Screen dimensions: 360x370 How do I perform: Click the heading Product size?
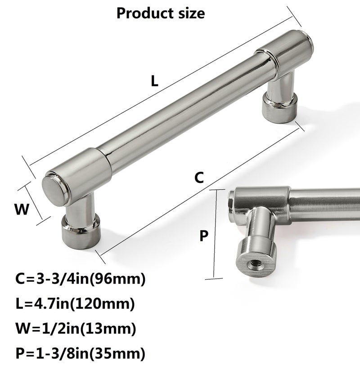click(161, 13)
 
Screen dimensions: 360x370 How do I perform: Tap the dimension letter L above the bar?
click(154, 81)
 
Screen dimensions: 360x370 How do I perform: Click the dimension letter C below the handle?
click(199, 178)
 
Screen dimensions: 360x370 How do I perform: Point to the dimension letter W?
click(22, 209)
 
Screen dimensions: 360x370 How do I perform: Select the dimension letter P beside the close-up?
click(204, 236)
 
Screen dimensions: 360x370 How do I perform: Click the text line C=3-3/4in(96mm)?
click(80, 279)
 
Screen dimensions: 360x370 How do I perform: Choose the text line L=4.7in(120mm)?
click(75, 304)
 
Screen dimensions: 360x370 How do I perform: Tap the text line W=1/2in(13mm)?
click(76, 329)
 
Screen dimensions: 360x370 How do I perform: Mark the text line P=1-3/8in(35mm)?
click(80, 353)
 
